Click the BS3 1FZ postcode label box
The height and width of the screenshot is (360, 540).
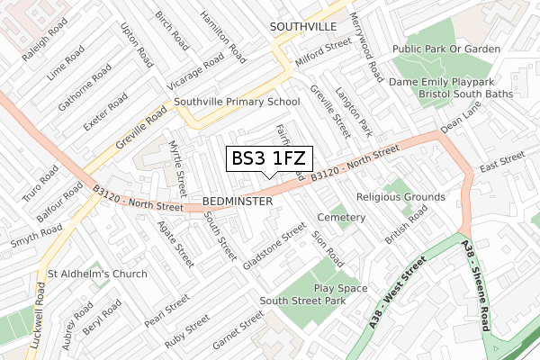pyautogui.click(x=269, y=158)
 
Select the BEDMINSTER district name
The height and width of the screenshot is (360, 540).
pyautogui.click(x=238, y=202)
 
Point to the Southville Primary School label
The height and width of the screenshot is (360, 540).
pyautogui.click(x=238, y=103)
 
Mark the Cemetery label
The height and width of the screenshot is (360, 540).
pyautogui.click(x=341, y=218)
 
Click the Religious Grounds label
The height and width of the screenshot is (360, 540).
pyautogui.click(x=400, y=196)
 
